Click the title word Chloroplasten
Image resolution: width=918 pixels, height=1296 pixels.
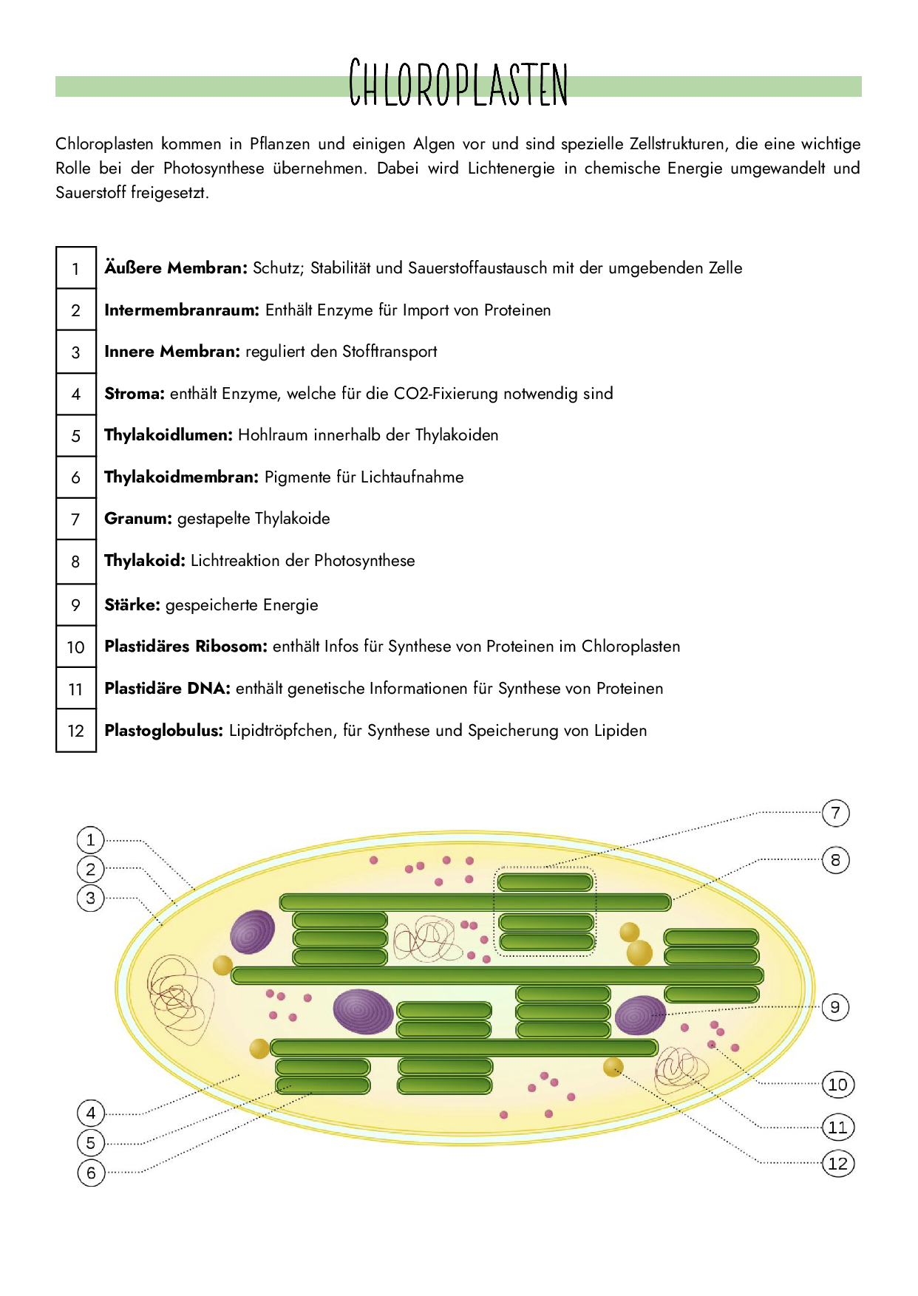[458, 83]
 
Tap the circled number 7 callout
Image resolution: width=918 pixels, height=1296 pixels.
[835, 813]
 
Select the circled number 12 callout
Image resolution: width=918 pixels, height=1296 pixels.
[837, 1164]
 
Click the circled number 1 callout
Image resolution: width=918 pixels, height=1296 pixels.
[91, 839]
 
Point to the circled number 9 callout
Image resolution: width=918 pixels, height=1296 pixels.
[835, 1006]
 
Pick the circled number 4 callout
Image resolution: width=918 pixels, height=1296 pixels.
[91, 1113]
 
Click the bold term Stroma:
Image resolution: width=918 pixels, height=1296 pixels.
[135, 393]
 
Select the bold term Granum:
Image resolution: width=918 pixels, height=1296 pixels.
[138, 519]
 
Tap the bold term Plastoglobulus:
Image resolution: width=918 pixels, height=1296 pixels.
[163, 731]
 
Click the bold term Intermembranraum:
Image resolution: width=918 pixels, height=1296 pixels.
[182, 310]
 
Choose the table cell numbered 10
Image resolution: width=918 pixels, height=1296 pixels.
[76, 647]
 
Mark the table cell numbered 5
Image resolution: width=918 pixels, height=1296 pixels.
[76, 436]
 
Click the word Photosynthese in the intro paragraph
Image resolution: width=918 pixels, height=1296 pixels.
[214, 168]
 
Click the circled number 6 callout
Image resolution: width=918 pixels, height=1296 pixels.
[91, 1173]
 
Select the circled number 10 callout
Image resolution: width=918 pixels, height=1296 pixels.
[837, 1085]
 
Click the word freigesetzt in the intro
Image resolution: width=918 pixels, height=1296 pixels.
[169, 193]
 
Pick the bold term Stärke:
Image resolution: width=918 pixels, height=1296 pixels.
[132, 605]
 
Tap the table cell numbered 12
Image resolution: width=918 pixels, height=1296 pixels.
[76, 731]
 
